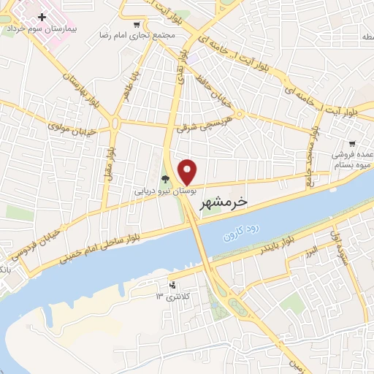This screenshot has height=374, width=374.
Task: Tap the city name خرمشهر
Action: (x=224, y=202)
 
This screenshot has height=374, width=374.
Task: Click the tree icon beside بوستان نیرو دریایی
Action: (x=166, y=178)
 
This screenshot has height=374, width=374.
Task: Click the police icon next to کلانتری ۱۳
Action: (x=172, y=285)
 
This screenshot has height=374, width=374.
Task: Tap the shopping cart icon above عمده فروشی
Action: (x=352, y=143)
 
